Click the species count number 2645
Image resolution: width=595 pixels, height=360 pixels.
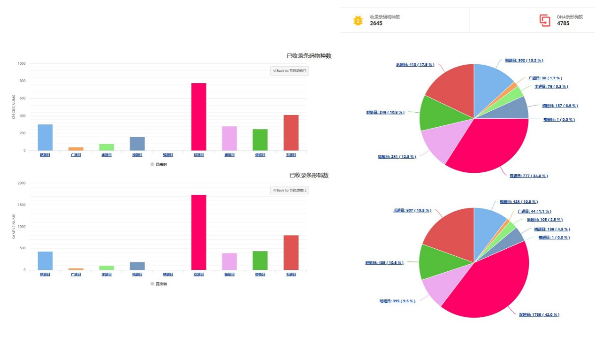click(376, 23)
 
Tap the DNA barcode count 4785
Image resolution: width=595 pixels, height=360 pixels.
click(563, 23)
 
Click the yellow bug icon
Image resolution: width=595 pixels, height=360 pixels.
click(358, 21)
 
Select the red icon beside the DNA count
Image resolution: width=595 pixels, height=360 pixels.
click(544, 20)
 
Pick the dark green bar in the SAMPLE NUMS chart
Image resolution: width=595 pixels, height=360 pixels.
click(260, 260)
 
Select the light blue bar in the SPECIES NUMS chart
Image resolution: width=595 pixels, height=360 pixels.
click(45, 137)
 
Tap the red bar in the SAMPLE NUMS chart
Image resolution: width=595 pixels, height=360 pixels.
click(291, 253)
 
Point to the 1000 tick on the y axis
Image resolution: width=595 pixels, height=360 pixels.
click(22, 63)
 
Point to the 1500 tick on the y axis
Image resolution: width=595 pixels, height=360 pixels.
click(22, 205)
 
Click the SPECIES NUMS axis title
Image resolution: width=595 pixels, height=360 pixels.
click(14, 107)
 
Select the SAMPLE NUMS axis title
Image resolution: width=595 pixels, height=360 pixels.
click(14, 227)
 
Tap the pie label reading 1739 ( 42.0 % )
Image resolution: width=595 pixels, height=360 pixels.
click(539, 315)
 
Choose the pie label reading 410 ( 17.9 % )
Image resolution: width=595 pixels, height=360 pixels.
click(415, 64)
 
